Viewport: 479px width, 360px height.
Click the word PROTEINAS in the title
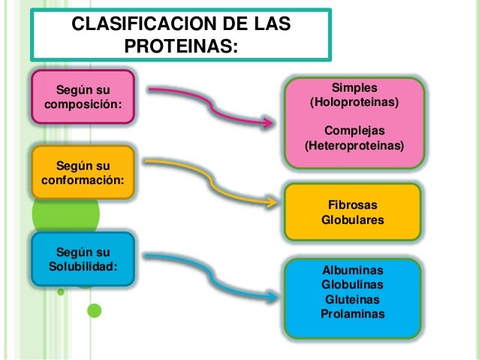(180, 47)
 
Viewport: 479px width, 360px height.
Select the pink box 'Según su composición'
(83, 97)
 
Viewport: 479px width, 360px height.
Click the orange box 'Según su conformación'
(83, 173)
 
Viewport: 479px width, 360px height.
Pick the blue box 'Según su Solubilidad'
(83, 258)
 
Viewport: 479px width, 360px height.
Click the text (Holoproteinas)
(354, 101)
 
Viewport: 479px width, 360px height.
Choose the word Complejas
(354, 130)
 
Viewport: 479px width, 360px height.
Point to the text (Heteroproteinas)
(354, 144)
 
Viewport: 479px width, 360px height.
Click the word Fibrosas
(352, 205)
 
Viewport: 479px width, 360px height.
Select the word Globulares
(352, 220)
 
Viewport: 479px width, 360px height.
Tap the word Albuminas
(352, 271)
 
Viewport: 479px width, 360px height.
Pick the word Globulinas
(352, 285)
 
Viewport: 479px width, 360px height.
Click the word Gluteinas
(352, 299)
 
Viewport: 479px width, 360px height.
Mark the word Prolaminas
(352, 313)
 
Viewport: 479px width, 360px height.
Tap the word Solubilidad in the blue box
(83, 265)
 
